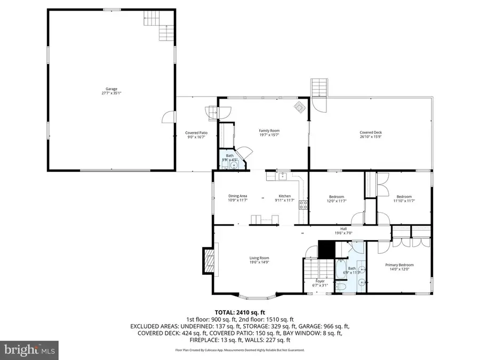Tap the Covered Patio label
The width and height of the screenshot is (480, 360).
coord(196,133)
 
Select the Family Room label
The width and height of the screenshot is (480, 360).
coord(269,131)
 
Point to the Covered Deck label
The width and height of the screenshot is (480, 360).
coord(371,133)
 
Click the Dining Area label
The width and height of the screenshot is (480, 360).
coord(237,196)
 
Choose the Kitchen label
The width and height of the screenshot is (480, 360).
coord(285,196)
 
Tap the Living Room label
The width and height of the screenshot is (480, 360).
coord(259,258)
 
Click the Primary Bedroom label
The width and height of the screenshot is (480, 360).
coord(399,265)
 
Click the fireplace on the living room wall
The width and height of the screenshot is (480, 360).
coord(210,261)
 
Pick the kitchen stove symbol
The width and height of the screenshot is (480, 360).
coord(303,204)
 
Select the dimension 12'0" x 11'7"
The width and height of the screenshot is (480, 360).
coord(337,201)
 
